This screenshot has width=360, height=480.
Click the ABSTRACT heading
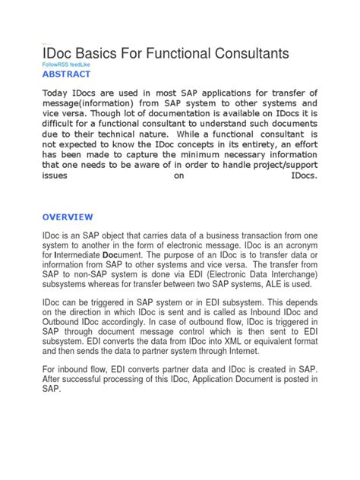point(66,75)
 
